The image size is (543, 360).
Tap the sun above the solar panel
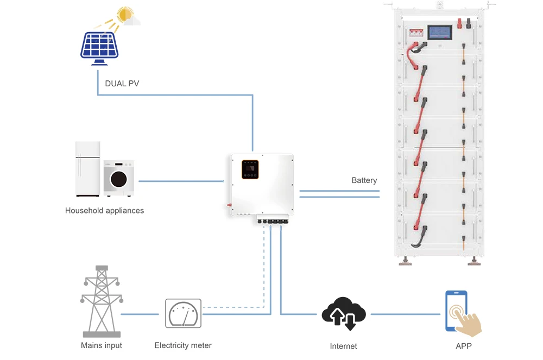(x=125, y=15)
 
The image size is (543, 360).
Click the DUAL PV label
(x=122, y=84)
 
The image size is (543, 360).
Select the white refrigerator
(x=87, y=169)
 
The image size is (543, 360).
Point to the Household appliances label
(x=104, y=210)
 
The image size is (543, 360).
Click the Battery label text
(x=364, y=180)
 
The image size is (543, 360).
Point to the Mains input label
(x=102, y=345)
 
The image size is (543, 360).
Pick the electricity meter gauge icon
(x=183, y=313)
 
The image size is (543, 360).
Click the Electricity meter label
(x=183, y=345)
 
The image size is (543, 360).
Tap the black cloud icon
(x=343, y=313)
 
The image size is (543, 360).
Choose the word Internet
(x=343, y=346)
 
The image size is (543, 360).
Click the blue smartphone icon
(x=456, y=310)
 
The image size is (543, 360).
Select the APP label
(x=464, y=345)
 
